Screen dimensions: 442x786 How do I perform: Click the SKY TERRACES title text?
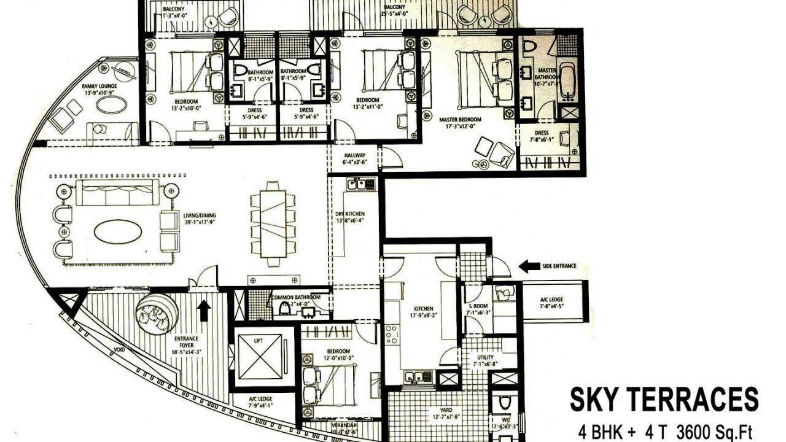(664, 400)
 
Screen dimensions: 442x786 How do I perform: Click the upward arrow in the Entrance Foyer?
(204, 310)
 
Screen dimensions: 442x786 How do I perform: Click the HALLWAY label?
(354, 155)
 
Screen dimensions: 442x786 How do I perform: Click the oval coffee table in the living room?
(118, 231)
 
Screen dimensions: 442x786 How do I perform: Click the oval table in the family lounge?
(112, 104)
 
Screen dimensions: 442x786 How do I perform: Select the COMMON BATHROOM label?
(296, 297)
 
